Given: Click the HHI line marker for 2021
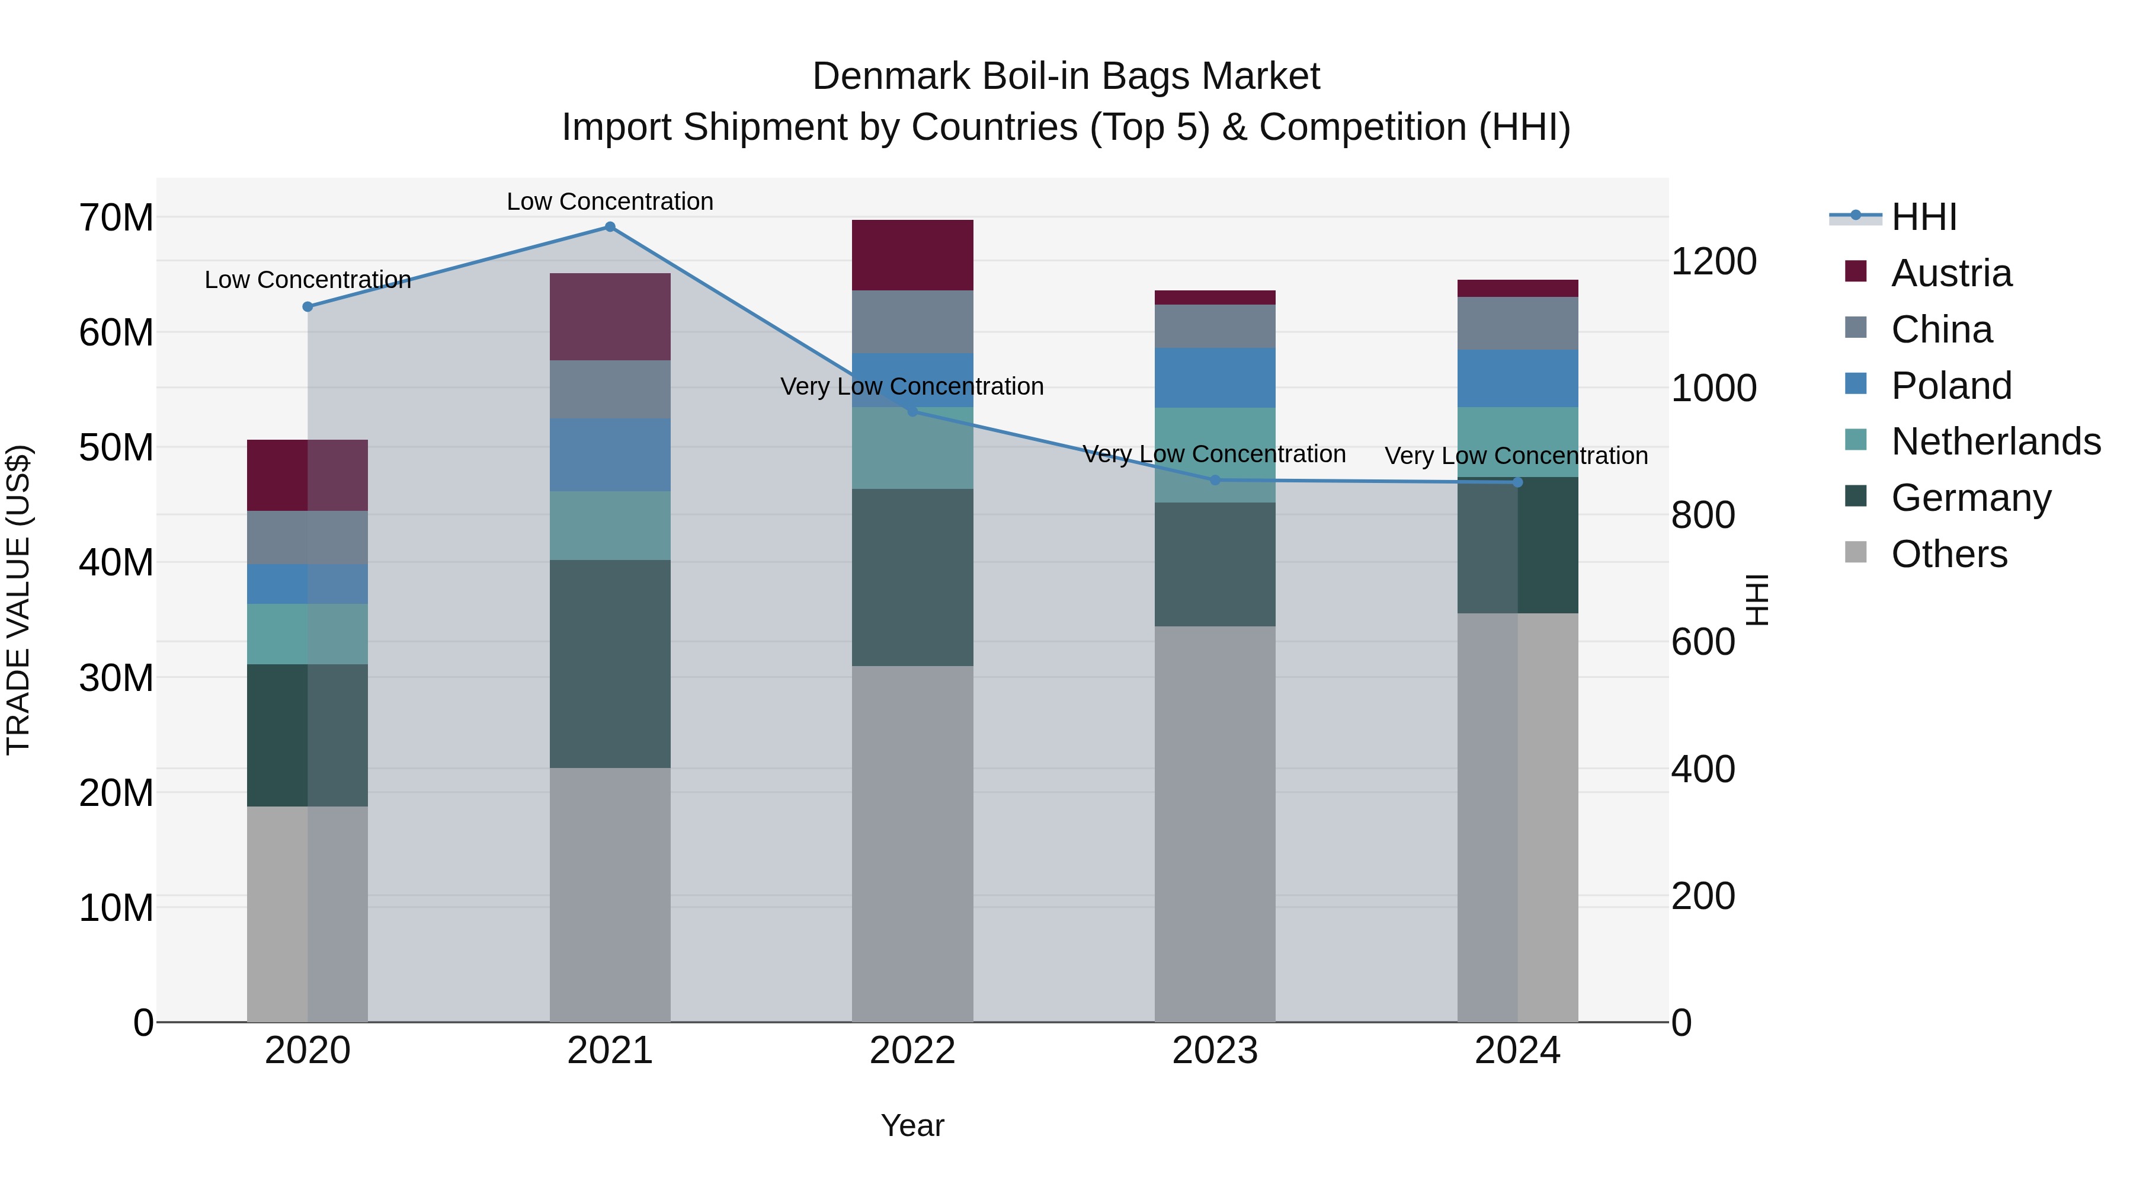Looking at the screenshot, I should [x=610, y=227].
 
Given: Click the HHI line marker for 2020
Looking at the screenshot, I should [x=307, y=306].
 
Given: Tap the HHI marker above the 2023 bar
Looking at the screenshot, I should [x=1215, y=479].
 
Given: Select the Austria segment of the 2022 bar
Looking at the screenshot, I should [x=912, y=255].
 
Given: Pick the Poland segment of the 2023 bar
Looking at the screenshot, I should [x=1215, y=377].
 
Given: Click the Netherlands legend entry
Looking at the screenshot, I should [x=1996, y=441].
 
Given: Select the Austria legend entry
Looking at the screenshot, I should [x=1951, y=273].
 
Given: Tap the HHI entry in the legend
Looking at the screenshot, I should [x=1923, y=217].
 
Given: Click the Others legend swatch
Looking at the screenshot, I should [x=1856, y=552].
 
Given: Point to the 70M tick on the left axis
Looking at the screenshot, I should [x=116, y=218].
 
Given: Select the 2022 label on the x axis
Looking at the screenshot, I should [x=912, y=1051].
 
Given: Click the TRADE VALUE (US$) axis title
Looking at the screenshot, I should [x=18, y=600].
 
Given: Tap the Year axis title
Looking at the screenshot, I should [x=912, y=1125].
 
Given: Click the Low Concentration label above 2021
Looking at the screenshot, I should [x=610, y=201].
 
